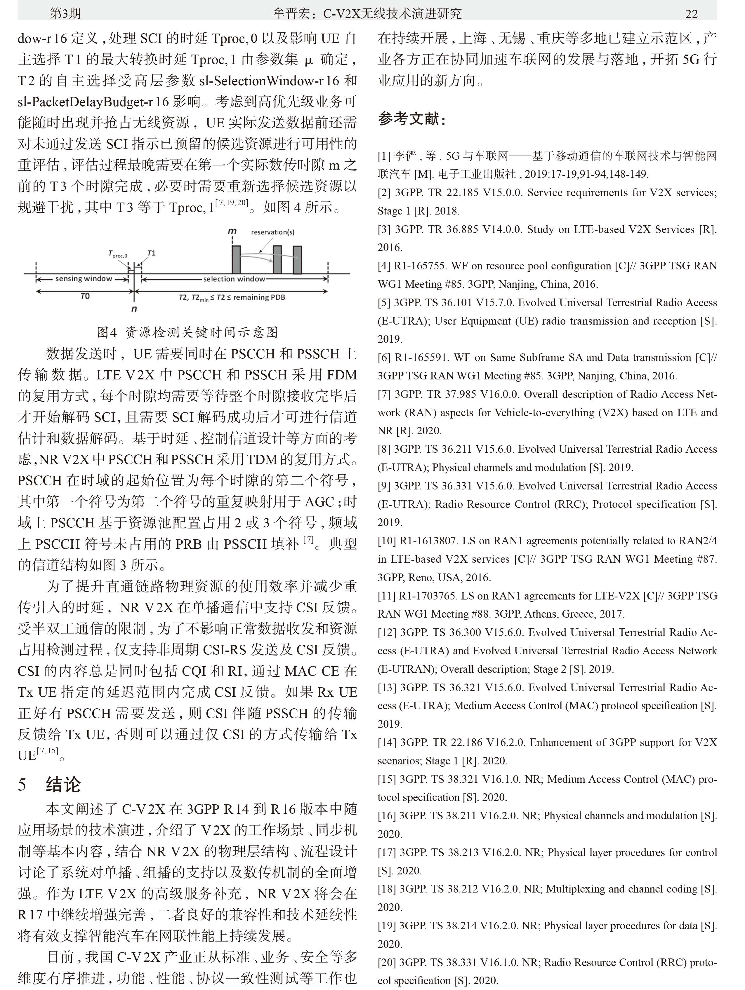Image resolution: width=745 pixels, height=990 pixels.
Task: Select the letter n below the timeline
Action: click(x=134, y=309)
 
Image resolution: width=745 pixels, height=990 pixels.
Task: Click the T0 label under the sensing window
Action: click(x=85, y=296)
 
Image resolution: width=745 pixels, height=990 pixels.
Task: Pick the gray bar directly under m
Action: click(x=236, y=259)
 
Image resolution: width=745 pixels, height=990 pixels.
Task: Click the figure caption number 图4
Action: click(x=107, y=332)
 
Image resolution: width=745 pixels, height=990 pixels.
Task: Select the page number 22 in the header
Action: click(x=691, y=14)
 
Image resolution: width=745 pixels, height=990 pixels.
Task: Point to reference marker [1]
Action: click(x=384, y=156)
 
